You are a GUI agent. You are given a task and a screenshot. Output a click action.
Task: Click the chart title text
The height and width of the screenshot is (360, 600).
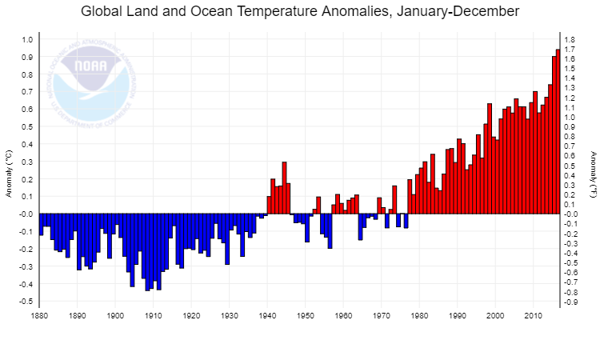[300, 12]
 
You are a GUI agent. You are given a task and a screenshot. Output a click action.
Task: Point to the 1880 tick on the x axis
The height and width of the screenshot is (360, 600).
[39, 316]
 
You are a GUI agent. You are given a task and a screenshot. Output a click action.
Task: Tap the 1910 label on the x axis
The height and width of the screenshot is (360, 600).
[154, 316]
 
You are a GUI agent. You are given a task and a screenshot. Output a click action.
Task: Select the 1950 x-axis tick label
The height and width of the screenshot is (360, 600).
[306, 316]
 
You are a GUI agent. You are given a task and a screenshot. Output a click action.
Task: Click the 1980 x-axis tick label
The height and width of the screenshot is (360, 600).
[419, 316]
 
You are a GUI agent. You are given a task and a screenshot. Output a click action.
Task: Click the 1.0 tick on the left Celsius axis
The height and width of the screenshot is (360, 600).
[27, 40]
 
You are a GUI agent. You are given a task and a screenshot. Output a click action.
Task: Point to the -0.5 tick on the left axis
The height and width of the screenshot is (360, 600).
[26, 302]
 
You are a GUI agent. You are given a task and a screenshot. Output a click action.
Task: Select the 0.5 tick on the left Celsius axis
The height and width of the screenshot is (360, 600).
[27, 127]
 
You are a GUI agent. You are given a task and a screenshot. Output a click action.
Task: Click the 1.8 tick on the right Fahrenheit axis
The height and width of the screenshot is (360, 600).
[570, 40]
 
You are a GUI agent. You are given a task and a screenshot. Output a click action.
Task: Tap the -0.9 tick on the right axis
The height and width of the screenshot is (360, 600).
[571, 302]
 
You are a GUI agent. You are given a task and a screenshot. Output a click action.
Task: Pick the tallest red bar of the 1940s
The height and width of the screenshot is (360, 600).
[284, 188]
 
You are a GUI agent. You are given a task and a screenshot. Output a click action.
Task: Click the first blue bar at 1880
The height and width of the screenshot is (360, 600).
[41, 225]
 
